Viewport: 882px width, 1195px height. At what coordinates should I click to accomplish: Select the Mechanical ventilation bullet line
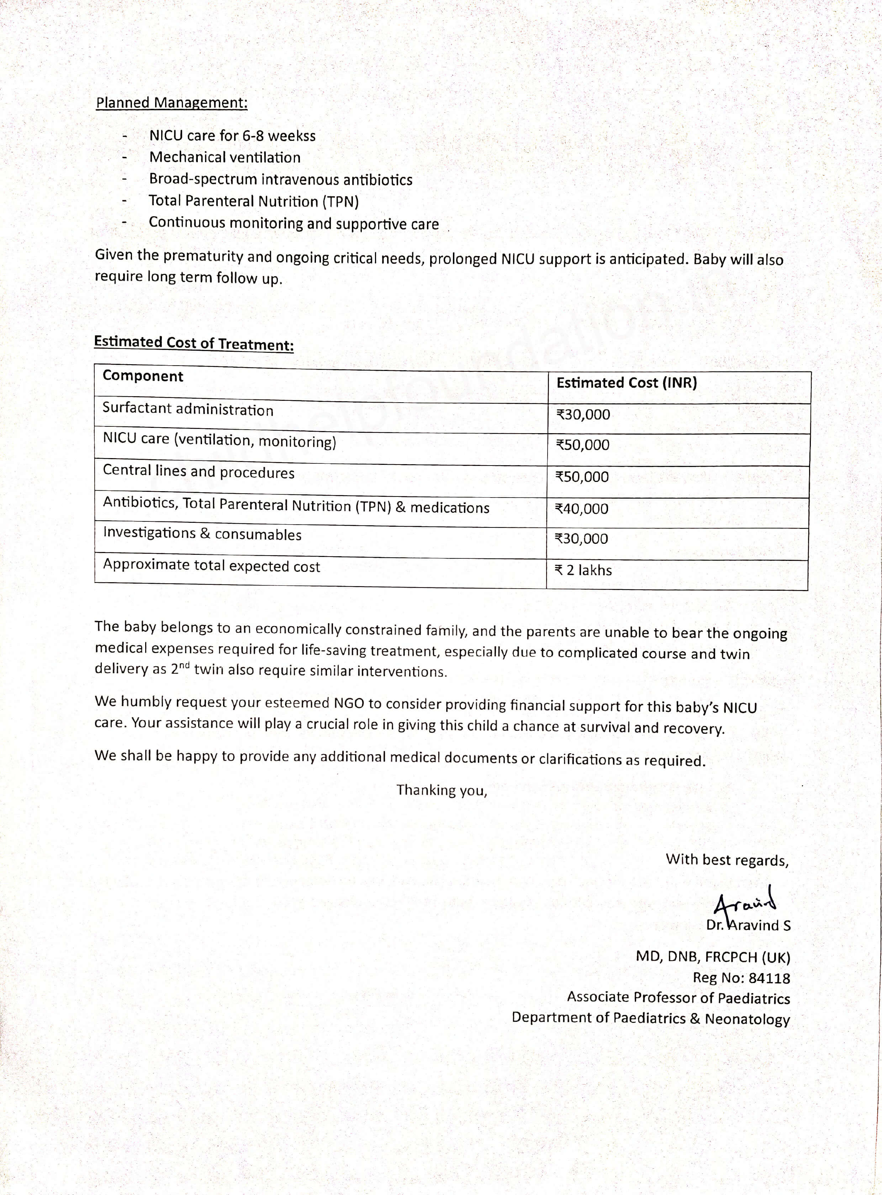tap(225, 158)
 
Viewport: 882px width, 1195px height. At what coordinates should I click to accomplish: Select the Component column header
tap(143, 376)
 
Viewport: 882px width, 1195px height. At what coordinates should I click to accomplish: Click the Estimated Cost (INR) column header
tap(626, 383)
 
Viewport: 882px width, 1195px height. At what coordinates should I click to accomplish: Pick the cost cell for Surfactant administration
tap(583, 415)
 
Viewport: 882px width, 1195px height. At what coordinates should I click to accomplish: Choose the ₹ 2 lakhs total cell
tap(583, 570)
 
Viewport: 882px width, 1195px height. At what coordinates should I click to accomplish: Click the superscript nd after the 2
tap(185, 665)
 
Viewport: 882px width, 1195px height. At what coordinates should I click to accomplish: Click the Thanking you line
tap(442, 790)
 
